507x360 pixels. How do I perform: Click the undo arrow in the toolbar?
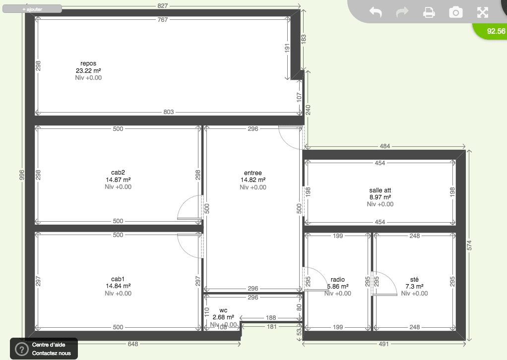(x=376, y=12)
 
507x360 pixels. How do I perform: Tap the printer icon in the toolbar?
(x=429, y=12)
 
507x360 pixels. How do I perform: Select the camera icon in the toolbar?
(x=455, y=12)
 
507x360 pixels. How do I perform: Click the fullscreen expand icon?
(x=482, y=12)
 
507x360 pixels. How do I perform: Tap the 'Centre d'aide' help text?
(x=49, y=345)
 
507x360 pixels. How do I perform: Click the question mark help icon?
(x=22, y=349)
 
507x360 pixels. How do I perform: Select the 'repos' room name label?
(x=88, y=63)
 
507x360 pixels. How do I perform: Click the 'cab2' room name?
(x=118, y=173)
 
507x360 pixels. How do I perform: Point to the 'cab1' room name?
(x=118, y=279)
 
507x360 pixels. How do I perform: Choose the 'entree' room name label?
(x=253, y=173)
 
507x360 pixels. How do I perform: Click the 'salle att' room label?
(x=380, y=190)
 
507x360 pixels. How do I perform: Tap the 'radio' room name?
(x=337, y=280)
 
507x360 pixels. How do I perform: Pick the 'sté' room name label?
(x=414, y=279)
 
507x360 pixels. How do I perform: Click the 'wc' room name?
(x=223, y=310)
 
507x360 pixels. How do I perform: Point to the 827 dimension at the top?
(x=163, y=6)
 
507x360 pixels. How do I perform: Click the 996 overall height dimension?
(x=22, y=175)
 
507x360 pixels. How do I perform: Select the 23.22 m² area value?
(x=88, y=70)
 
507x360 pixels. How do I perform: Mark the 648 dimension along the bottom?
(x=133, y=344)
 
